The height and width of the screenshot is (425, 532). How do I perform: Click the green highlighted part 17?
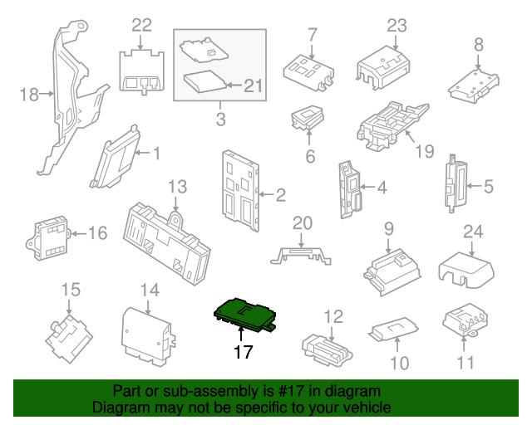pos(244,314)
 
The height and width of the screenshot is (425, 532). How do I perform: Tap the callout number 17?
pos(243,352)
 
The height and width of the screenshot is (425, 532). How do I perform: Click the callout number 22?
pos(142,26)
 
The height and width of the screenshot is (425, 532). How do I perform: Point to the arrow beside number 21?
pos(234,85)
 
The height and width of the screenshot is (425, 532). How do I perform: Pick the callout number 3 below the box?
pos(221,119)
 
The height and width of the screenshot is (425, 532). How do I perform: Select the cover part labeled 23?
pos(383,68)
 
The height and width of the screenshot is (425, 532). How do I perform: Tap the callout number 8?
pos(479,44)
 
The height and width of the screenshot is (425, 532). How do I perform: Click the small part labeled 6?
pos(308,118)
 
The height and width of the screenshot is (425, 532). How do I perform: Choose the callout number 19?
pos(425,151)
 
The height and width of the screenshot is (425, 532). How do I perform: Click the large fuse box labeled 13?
pos(166,242)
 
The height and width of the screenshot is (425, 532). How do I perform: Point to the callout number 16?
pos(98,233)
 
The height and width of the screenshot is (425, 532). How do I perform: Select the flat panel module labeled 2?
pos(240,191)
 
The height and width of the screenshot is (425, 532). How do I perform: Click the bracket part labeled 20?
pos(301,256)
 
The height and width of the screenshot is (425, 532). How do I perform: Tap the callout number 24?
pos(473,232)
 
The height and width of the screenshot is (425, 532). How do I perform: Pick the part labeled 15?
pos(69,339)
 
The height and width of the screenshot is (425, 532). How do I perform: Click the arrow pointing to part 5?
pos(474,186)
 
